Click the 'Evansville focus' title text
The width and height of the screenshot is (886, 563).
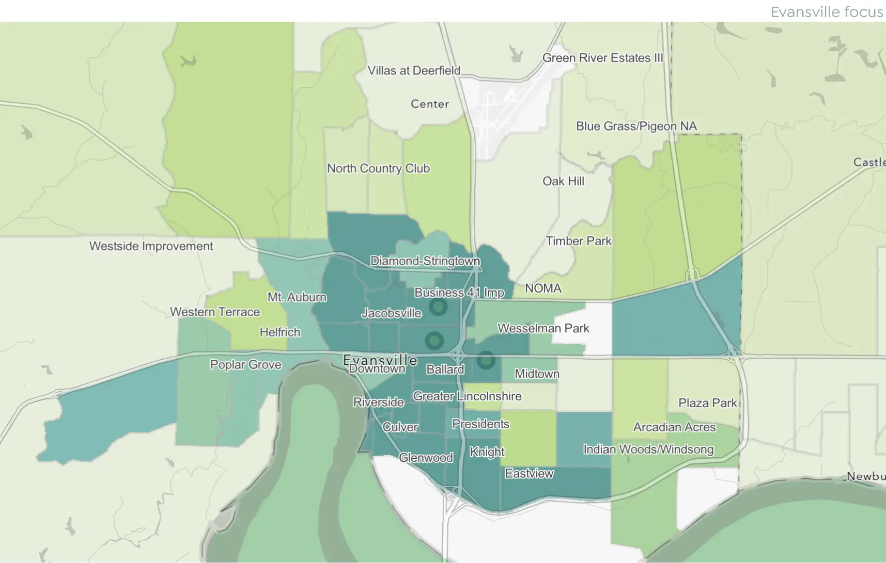point(826,12)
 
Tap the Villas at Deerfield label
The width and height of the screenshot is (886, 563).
point(413,71)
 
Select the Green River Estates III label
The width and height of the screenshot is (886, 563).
point(602,58)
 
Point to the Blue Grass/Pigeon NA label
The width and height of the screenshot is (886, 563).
point(636,126)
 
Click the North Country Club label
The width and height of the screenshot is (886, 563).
point(378,169)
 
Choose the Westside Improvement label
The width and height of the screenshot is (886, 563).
point(151,246)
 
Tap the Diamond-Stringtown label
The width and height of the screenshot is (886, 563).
point(425,261)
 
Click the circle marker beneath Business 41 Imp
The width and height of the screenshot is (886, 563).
point(439,307)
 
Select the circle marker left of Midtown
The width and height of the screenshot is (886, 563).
point(486,360)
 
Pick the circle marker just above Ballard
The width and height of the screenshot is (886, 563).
point(434,341)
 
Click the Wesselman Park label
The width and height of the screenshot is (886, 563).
point(543,328)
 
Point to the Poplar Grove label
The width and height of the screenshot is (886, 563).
point(245,365)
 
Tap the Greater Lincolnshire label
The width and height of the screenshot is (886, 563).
point(467,396)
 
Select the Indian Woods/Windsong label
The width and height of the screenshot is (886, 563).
point(648,449)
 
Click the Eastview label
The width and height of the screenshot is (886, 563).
point(529,474)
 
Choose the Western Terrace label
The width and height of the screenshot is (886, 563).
point(215,312)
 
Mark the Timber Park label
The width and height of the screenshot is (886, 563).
point(579,241)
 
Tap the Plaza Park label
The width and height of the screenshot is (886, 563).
point(707,403)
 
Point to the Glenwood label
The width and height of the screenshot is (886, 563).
point(426,458)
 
